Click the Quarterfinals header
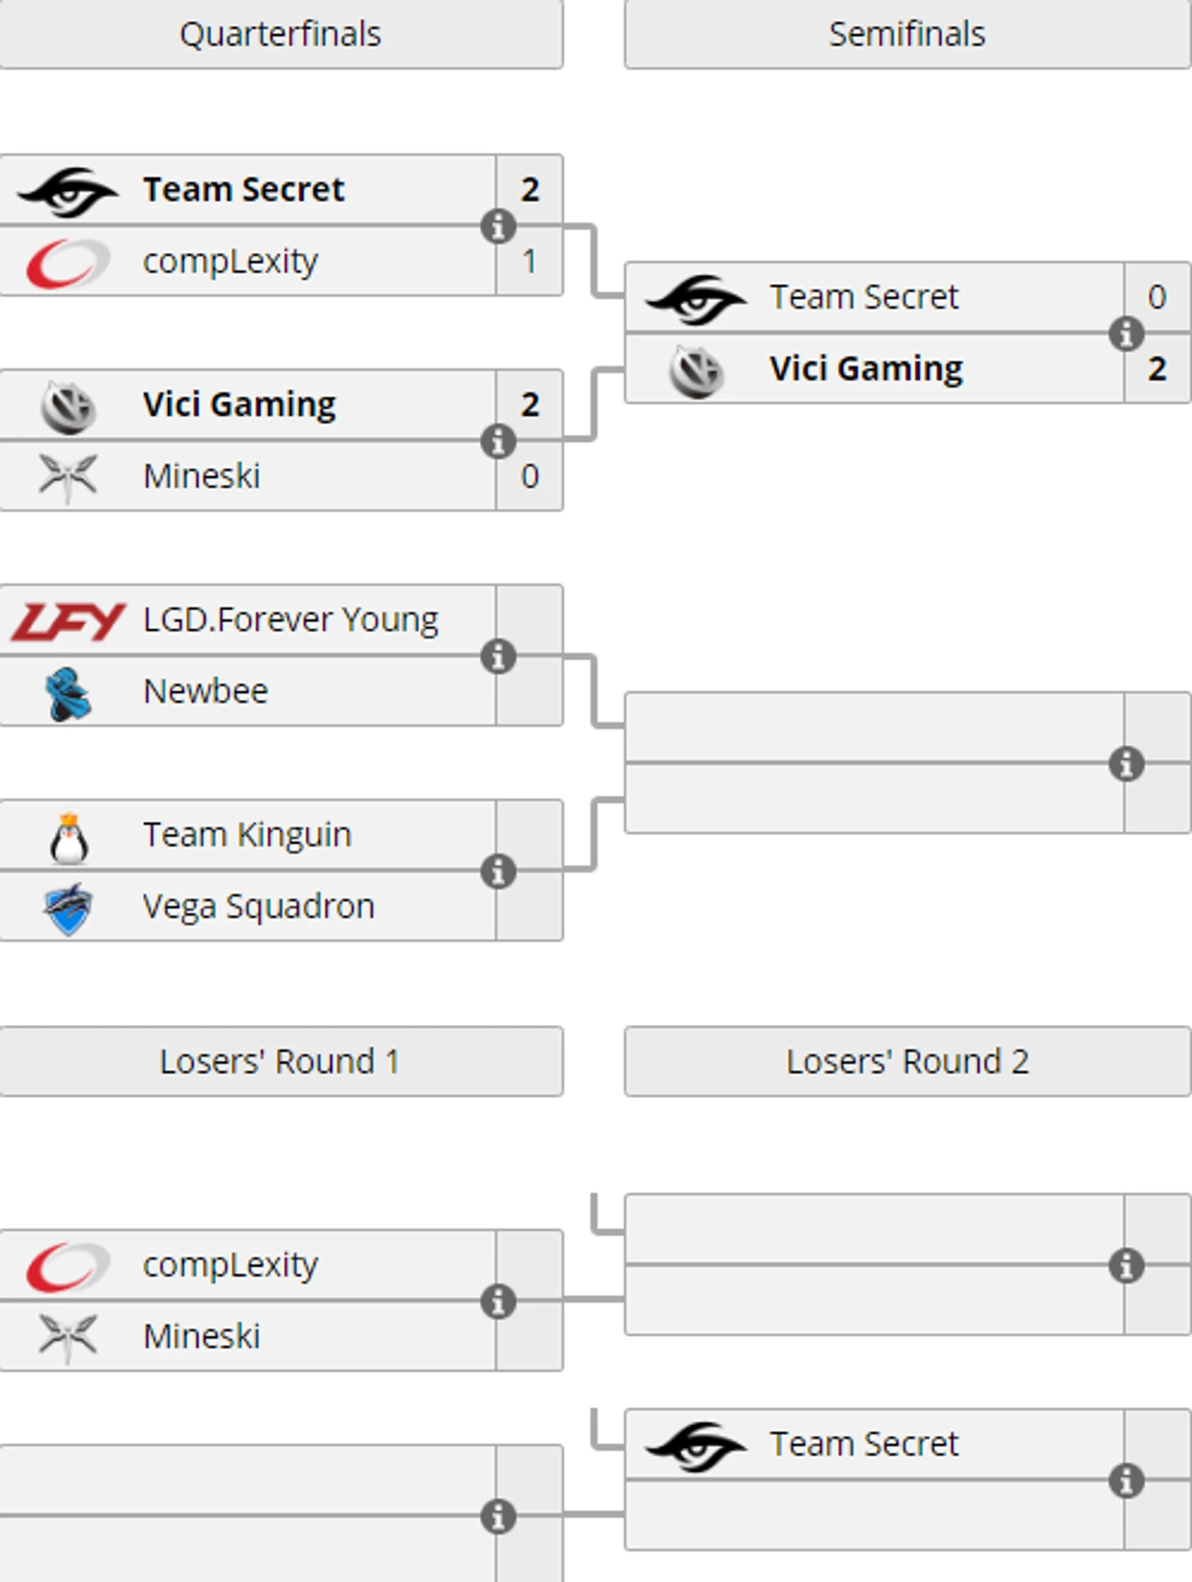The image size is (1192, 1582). (x=280, y=34)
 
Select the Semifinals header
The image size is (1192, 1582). (x=906, y=34)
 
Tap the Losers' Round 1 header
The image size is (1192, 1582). (x=280, y=1061)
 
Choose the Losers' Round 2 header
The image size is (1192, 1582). (x=906, y=1061)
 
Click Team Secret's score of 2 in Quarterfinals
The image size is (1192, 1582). (x=530, y=189)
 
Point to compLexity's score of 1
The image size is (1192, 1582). (x=530, y=261)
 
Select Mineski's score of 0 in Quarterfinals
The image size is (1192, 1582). (x=530, y=476)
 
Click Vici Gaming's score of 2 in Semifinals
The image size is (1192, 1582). (x=1156, y=369)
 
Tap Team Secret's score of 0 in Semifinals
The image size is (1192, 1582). (x=1156, y=297)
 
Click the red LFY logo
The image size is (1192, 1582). (x=69, y=621)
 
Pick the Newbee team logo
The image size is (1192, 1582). (x=69, y=693)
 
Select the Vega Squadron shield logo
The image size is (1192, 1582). (x=69, y=908)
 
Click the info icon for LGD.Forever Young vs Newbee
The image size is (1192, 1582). (x=498, y=657)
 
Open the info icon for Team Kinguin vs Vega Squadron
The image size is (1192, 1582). (x=498, y=871)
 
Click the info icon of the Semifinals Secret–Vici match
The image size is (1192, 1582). (x=1126, y=333)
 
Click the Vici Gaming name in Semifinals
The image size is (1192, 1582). (x=865, y=369)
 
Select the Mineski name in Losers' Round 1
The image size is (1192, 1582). (x=202, y=1337)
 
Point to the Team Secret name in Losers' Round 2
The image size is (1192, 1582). (x=864, y=1445)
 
